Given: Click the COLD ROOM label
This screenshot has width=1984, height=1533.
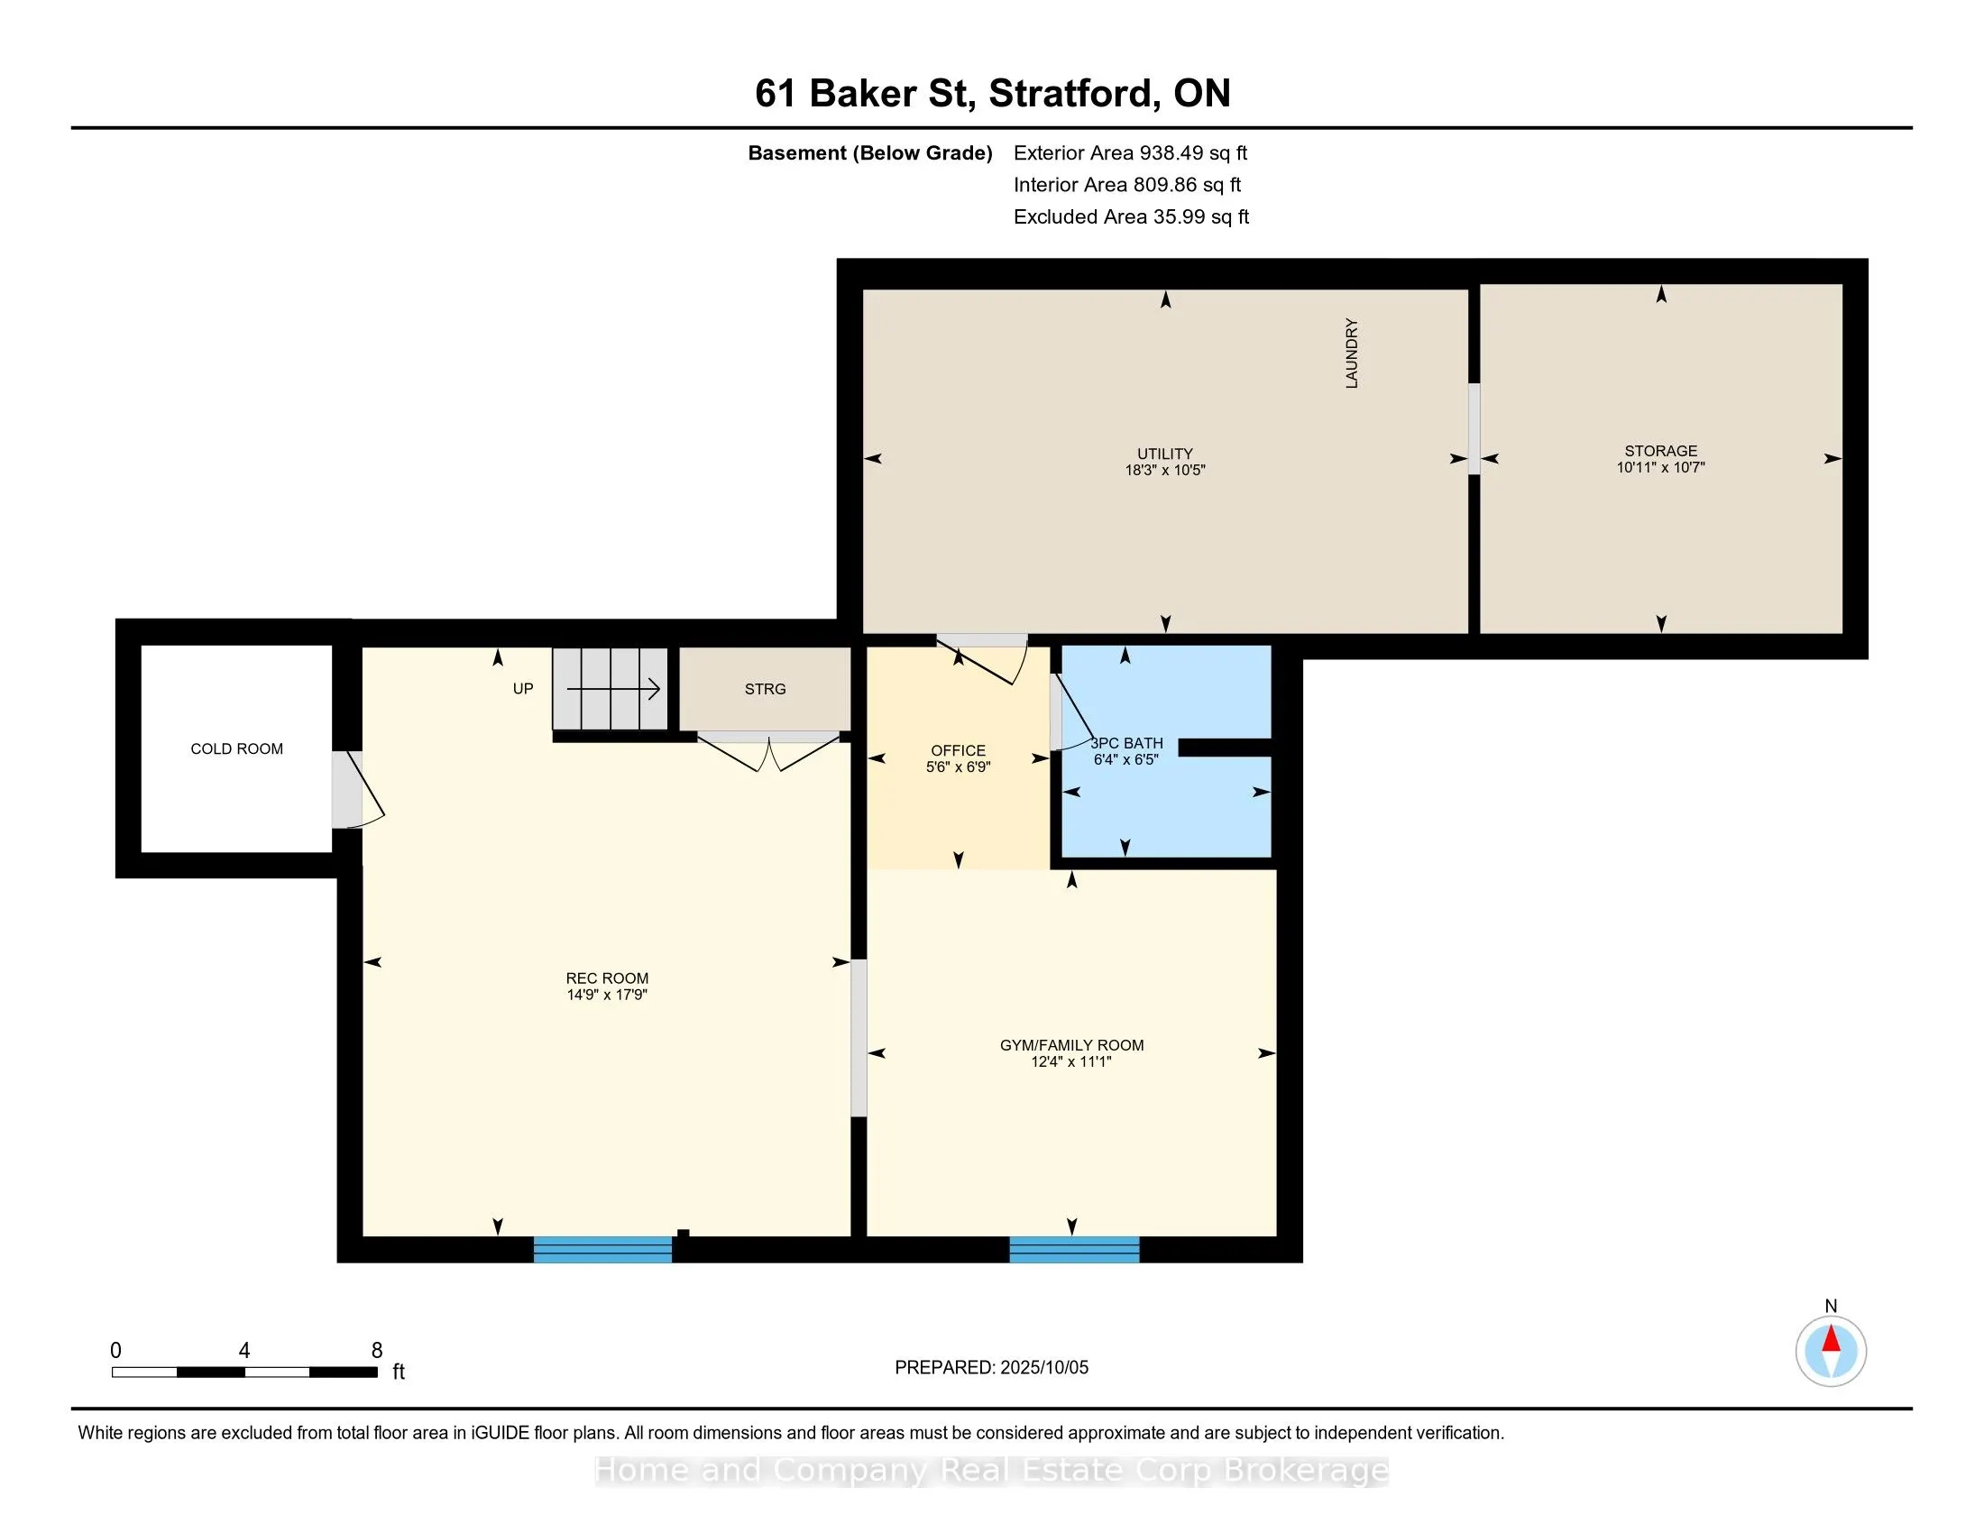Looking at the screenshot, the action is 236,748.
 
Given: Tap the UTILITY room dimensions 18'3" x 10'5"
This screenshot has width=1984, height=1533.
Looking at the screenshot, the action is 1164,470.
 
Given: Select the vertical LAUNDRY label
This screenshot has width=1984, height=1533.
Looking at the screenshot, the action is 1352,353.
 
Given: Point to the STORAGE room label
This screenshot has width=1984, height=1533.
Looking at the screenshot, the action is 1660,451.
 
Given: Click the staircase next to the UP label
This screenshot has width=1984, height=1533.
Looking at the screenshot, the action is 611,688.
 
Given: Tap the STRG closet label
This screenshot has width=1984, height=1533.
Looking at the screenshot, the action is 765,689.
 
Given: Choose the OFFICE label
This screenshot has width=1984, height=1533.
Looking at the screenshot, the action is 958,750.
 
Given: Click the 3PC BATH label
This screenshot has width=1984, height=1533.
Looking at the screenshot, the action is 1126,743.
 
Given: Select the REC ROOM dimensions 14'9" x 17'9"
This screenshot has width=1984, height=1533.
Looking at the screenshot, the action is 607,995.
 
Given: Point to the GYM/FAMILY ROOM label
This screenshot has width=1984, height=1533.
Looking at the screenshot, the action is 1072,1045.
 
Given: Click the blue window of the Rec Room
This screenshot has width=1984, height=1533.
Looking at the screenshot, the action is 602,1250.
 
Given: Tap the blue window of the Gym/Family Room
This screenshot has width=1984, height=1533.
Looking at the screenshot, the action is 1075,1250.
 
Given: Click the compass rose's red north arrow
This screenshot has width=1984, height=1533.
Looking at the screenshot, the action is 1832,1339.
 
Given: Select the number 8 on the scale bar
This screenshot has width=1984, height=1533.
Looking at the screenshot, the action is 377,1351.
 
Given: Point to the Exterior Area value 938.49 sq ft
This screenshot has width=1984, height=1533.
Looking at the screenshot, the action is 1194,153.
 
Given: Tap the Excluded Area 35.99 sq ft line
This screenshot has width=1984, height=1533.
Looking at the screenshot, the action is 1132,217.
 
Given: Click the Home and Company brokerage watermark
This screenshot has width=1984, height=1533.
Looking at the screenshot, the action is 992,1472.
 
